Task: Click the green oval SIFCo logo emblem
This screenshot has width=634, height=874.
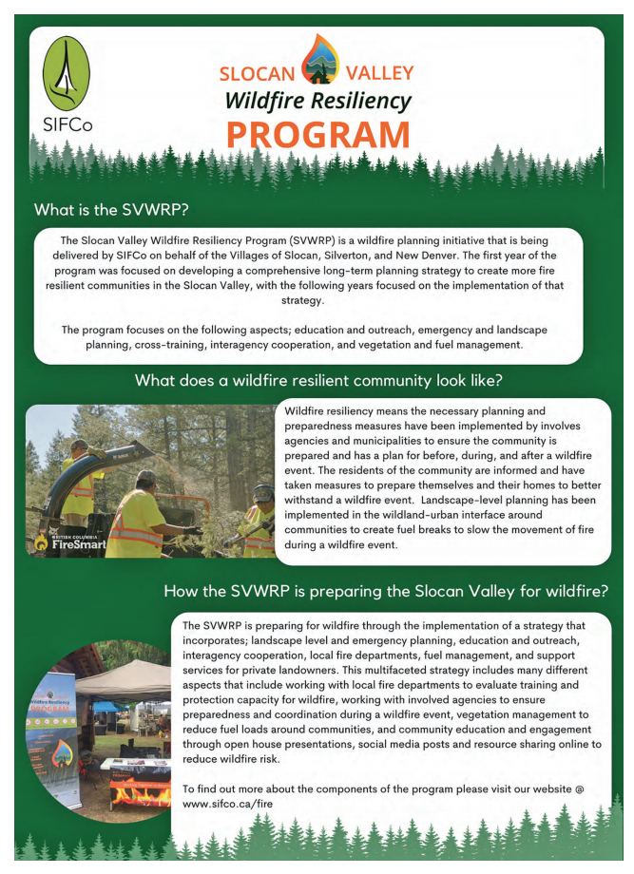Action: (x=67, y=73)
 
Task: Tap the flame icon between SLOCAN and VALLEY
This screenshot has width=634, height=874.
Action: (x=318, y=59)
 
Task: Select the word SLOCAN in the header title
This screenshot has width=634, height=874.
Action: (x=257, y=74)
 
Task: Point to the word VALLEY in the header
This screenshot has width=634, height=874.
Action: (x=379, y=74)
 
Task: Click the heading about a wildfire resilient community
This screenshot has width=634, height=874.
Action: (x=318, y=381)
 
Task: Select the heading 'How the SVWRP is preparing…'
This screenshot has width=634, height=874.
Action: (x=386, y=590)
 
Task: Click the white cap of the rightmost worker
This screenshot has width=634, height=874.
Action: (x=262, y=492)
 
